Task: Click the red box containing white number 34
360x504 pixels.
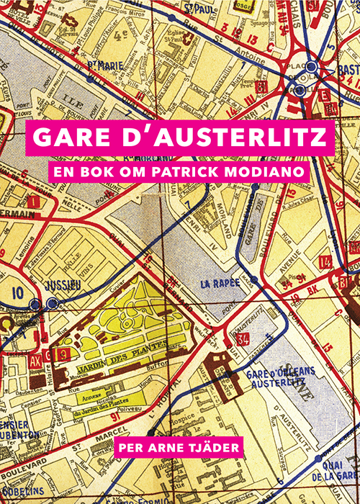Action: click(x=242, y=338)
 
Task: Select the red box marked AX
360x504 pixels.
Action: click(x=35, y=354)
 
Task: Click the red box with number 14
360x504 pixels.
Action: click(x=325, y=261)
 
